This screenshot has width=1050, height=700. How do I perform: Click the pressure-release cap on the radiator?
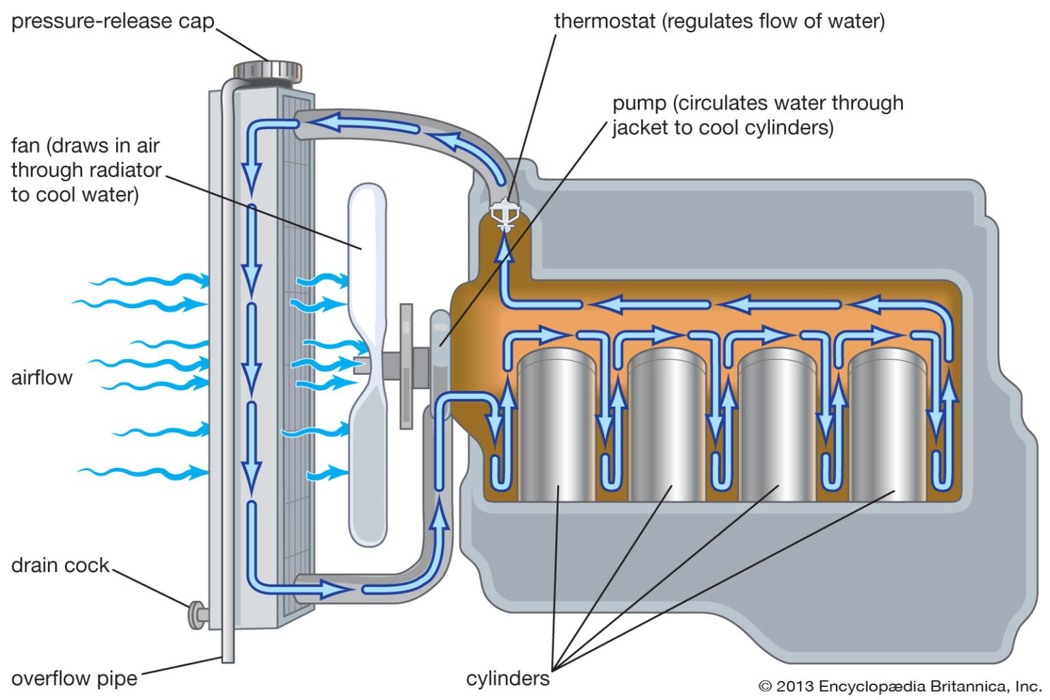267,70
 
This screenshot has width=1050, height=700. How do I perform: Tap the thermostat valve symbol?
505,214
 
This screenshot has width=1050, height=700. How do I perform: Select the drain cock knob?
196,614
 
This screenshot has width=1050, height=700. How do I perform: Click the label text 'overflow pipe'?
74,678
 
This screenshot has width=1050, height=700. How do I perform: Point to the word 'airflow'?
42,377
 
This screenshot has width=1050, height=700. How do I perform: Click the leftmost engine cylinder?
556,424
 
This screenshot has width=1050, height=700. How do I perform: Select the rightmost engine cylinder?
887,424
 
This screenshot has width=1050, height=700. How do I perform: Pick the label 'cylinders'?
507,678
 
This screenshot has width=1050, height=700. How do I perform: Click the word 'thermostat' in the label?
604,21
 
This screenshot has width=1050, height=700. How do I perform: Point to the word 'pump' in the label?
638,103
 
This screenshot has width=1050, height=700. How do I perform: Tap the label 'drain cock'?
60,565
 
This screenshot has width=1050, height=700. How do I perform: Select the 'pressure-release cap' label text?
113,21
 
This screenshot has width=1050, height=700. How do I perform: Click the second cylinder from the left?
667,424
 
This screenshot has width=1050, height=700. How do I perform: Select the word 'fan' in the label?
25,146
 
